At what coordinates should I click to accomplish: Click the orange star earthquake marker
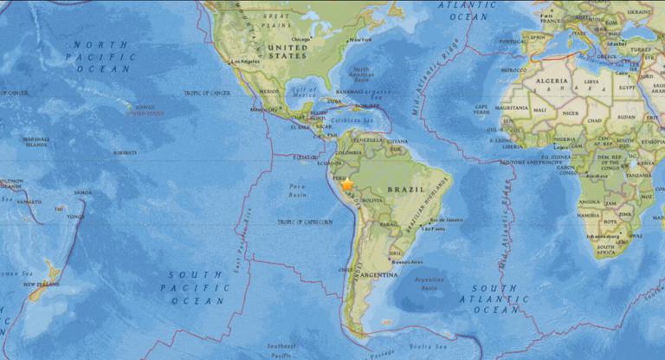[x=347, y=184]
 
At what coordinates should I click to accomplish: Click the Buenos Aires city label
[x=406, y=260]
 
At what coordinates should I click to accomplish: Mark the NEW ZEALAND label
[x=41, y=284]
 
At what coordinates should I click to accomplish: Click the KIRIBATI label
[x=124, y=151]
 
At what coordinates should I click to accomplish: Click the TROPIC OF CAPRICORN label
[x=304, y=222]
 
